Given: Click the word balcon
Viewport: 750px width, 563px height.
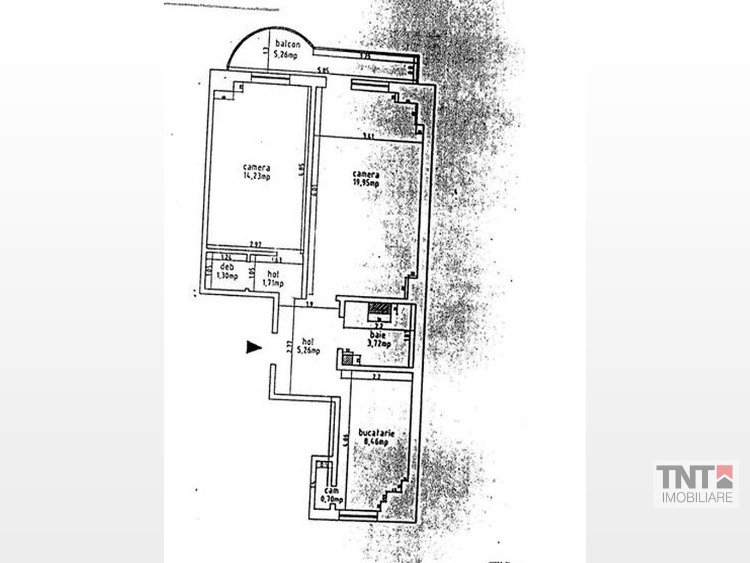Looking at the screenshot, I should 288,45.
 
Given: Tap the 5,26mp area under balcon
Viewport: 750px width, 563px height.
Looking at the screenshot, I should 286,54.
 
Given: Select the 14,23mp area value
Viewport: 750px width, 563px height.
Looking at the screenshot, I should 257,176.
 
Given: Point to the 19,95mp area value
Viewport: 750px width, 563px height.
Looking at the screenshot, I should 366,183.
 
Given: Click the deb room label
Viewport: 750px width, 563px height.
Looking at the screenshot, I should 227,267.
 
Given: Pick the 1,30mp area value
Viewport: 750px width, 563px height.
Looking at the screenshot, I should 227,276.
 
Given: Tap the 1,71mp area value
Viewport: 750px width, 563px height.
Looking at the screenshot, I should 273,283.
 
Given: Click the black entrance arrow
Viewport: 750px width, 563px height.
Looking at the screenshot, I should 253,347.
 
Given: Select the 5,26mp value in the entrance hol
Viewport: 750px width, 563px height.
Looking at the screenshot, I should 308,351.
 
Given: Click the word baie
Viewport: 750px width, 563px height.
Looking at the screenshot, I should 377,335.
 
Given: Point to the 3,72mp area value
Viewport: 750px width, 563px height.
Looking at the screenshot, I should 379,344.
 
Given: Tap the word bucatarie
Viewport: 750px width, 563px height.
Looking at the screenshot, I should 376,433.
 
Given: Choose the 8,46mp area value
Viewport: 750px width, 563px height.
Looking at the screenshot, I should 377,441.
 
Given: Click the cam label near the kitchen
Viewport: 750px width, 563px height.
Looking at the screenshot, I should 331,490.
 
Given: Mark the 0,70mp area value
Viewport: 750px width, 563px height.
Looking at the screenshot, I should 332,500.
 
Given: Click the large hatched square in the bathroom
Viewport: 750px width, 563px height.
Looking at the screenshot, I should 379,308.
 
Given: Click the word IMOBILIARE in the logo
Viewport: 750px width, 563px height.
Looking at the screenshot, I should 697,498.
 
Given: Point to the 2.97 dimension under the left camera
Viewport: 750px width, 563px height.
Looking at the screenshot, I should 255,245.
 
